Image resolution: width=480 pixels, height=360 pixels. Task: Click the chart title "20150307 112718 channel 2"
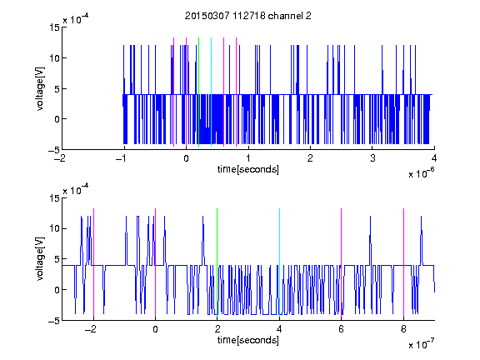248,16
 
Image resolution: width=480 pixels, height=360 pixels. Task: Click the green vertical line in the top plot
199,92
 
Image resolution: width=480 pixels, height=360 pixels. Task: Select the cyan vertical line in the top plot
211,92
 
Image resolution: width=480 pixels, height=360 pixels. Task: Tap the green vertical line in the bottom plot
217,262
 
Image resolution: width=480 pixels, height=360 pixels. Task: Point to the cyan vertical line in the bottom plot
279,262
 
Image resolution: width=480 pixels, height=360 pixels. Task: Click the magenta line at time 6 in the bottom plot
342,262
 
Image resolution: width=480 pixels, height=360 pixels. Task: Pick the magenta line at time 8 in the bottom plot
404,262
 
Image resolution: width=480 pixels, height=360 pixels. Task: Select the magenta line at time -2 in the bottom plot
93,262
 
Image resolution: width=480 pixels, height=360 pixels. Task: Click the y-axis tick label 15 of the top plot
54,27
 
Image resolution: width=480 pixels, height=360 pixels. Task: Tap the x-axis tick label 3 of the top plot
372,158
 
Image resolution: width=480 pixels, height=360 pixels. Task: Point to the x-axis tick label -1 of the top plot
121,158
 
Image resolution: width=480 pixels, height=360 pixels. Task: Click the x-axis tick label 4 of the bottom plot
279,329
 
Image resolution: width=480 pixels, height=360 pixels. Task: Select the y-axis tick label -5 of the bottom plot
54,321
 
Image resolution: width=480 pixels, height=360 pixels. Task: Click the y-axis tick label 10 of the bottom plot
54,228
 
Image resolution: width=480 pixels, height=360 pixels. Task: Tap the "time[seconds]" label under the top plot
248,169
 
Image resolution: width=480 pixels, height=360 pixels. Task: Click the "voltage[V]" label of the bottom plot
40,259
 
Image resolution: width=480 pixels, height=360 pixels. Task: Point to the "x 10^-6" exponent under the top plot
421,172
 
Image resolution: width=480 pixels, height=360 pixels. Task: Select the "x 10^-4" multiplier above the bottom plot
76,190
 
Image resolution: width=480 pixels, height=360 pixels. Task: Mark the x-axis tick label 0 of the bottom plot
155,329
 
